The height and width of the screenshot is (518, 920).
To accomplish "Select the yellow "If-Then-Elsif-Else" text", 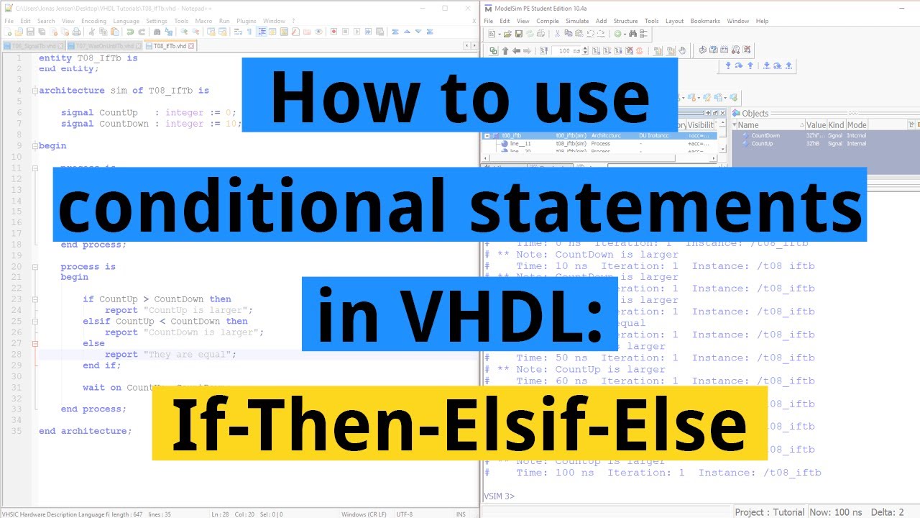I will pyautogui.click(x=459, y=424).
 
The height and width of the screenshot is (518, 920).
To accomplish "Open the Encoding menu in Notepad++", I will pyautogui.click(x=93, y=21).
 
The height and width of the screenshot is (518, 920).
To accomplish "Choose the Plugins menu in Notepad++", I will pyautogui.click(x=246, y=21).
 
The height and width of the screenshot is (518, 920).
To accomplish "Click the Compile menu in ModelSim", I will pyautogui.click(x=547, y=21).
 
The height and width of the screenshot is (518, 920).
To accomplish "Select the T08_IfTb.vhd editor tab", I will pyautogui.click(x=167, y=46).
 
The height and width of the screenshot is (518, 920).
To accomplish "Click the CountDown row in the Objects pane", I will pyautogui.click(x=765, y=135).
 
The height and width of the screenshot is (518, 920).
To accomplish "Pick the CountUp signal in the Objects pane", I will pyautogui.click(x=762, y=144).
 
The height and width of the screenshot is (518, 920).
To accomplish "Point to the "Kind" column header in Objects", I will pyautogui.click(x=836, y=124).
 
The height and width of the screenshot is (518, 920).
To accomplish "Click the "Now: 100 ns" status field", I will pyautogui.click(x=835, y=512).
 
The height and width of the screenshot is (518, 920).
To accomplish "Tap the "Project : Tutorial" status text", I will pyautogui.click(x=769, y=512).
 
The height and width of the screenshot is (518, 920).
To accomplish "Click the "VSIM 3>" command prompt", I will pyautogui.click(x=499, y=496).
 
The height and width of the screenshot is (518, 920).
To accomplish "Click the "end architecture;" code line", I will pyautogui.click(x=85, y=431).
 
